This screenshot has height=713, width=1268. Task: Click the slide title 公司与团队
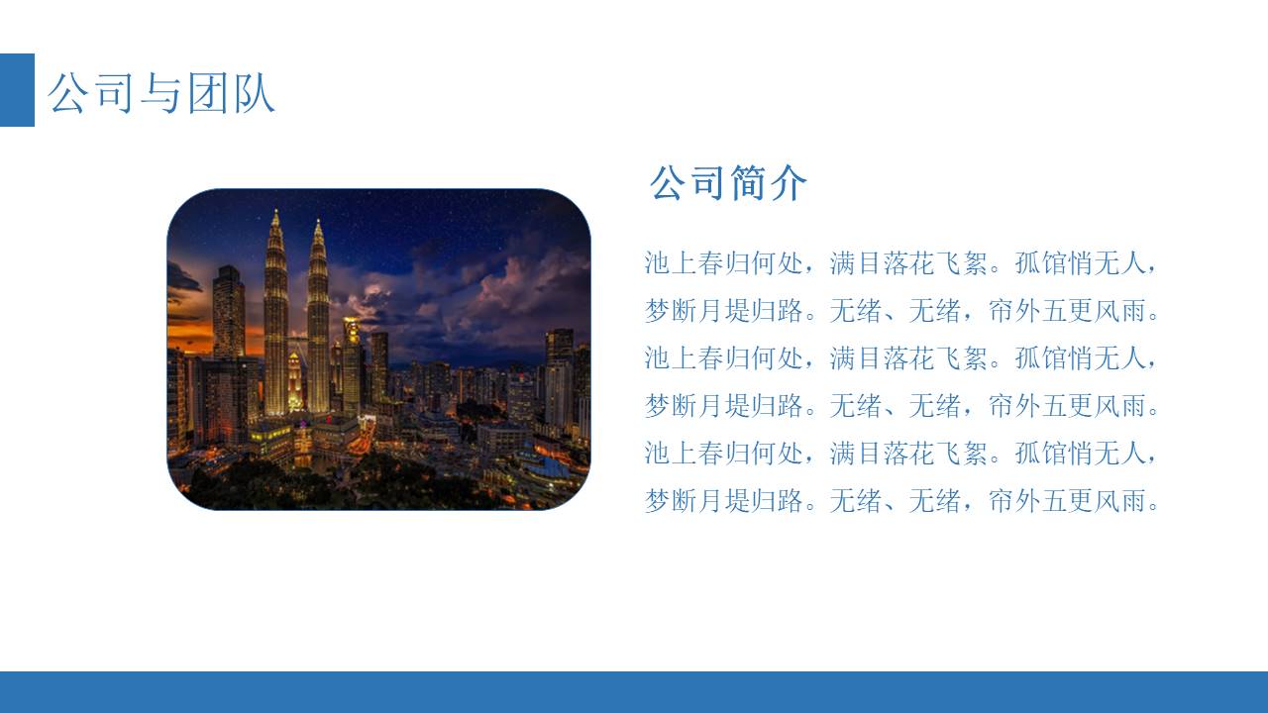[x=161, y=93]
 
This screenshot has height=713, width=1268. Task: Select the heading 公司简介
[x=728, y=183]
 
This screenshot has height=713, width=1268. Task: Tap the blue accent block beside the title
[x=17, y=90]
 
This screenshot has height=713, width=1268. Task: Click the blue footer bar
[x=634, y=691]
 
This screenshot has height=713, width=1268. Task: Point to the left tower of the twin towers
[x=275, y=327]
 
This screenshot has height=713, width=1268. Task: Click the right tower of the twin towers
[x=318, y=327]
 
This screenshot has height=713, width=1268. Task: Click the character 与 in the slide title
[x=161, y=93]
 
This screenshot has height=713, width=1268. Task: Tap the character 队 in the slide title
[x=254, y=93]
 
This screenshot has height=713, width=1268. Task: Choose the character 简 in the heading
[x=749, y=183]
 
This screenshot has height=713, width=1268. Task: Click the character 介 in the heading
[x=789, y=183]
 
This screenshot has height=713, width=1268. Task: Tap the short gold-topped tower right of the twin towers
[x=352, y=361]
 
